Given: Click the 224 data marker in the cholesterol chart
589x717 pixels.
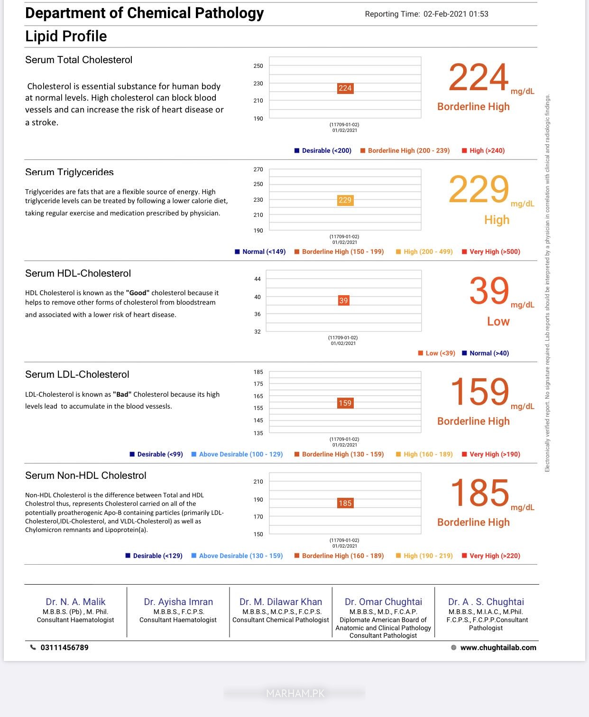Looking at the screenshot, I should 345,88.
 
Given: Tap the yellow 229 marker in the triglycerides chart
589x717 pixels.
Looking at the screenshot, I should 345,200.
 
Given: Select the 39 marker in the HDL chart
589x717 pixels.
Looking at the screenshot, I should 343,300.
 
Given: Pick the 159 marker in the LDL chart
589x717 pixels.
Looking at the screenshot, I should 345,403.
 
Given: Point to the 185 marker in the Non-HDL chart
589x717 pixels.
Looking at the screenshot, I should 345,503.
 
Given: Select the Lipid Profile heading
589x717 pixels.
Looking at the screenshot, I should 66,36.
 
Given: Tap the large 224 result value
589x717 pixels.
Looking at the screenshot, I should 478,77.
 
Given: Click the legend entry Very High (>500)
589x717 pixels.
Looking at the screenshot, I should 495,251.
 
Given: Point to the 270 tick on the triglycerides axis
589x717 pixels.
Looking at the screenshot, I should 258,169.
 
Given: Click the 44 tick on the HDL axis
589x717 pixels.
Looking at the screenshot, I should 258,279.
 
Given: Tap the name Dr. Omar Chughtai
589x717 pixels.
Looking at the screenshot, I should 383,602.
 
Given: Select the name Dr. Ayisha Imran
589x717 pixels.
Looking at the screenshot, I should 178,602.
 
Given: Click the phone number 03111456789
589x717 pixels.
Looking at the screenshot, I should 64,647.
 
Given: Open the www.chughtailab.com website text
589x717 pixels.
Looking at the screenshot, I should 498,647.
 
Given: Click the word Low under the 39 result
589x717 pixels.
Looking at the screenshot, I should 498,321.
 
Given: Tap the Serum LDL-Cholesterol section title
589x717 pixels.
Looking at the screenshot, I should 77,374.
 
